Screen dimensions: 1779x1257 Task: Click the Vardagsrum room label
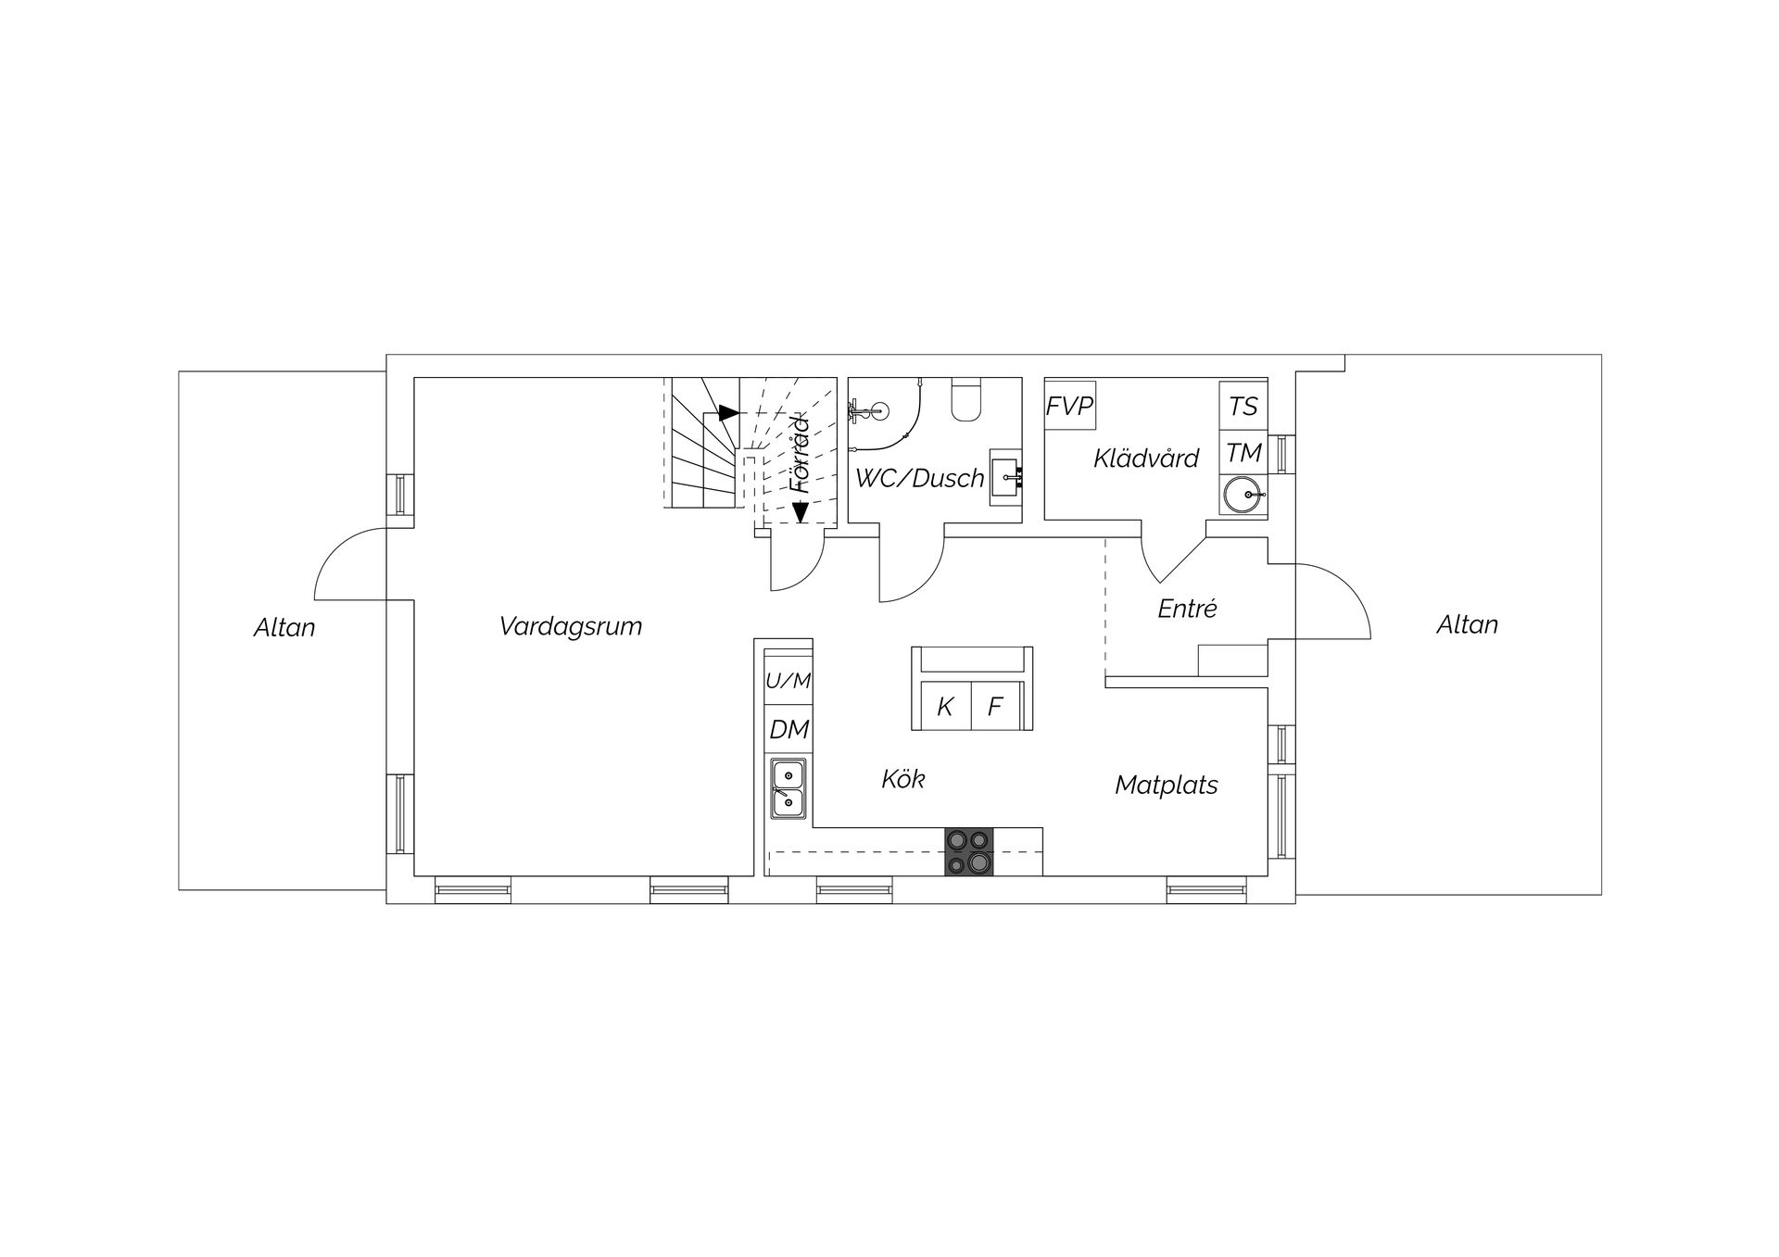(x=570, y=626)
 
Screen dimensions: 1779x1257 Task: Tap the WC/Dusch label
(x=919, y=478)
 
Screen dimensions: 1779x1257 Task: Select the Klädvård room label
(x=1146, y=458)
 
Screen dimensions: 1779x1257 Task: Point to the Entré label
(x=1187, y=609)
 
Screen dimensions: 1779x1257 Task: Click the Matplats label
(x=1166, y=785)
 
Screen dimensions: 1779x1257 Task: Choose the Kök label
(x=903, y=779)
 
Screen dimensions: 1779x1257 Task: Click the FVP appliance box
(x=1070, y=406)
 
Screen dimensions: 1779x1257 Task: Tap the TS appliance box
(x=1243, y=406)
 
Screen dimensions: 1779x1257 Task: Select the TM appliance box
(x=1243, y=453)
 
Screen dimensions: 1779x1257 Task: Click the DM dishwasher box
(x=789, y=730)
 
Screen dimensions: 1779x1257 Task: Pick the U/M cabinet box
(x=789, y=681)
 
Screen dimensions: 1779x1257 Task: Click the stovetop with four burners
(x=968, y=851)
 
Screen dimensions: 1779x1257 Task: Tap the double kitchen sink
(x=789, y=788)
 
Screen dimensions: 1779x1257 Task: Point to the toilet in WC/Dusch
(x=965, y=400)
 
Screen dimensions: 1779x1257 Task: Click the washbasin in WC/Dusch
(x=1006, y=478)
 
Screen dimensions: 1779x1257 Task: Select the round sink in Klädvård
(x=1242, y=495)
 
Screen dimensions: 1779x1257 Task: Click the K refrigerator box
(x=945, y=707)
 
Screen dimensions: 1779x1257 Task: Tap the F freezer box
(x=995, y=707)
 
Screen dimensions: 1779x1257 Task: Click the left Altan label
(x=284, y=628)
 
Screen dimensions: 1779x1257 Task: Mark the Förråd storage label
(x=799, y=454)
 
